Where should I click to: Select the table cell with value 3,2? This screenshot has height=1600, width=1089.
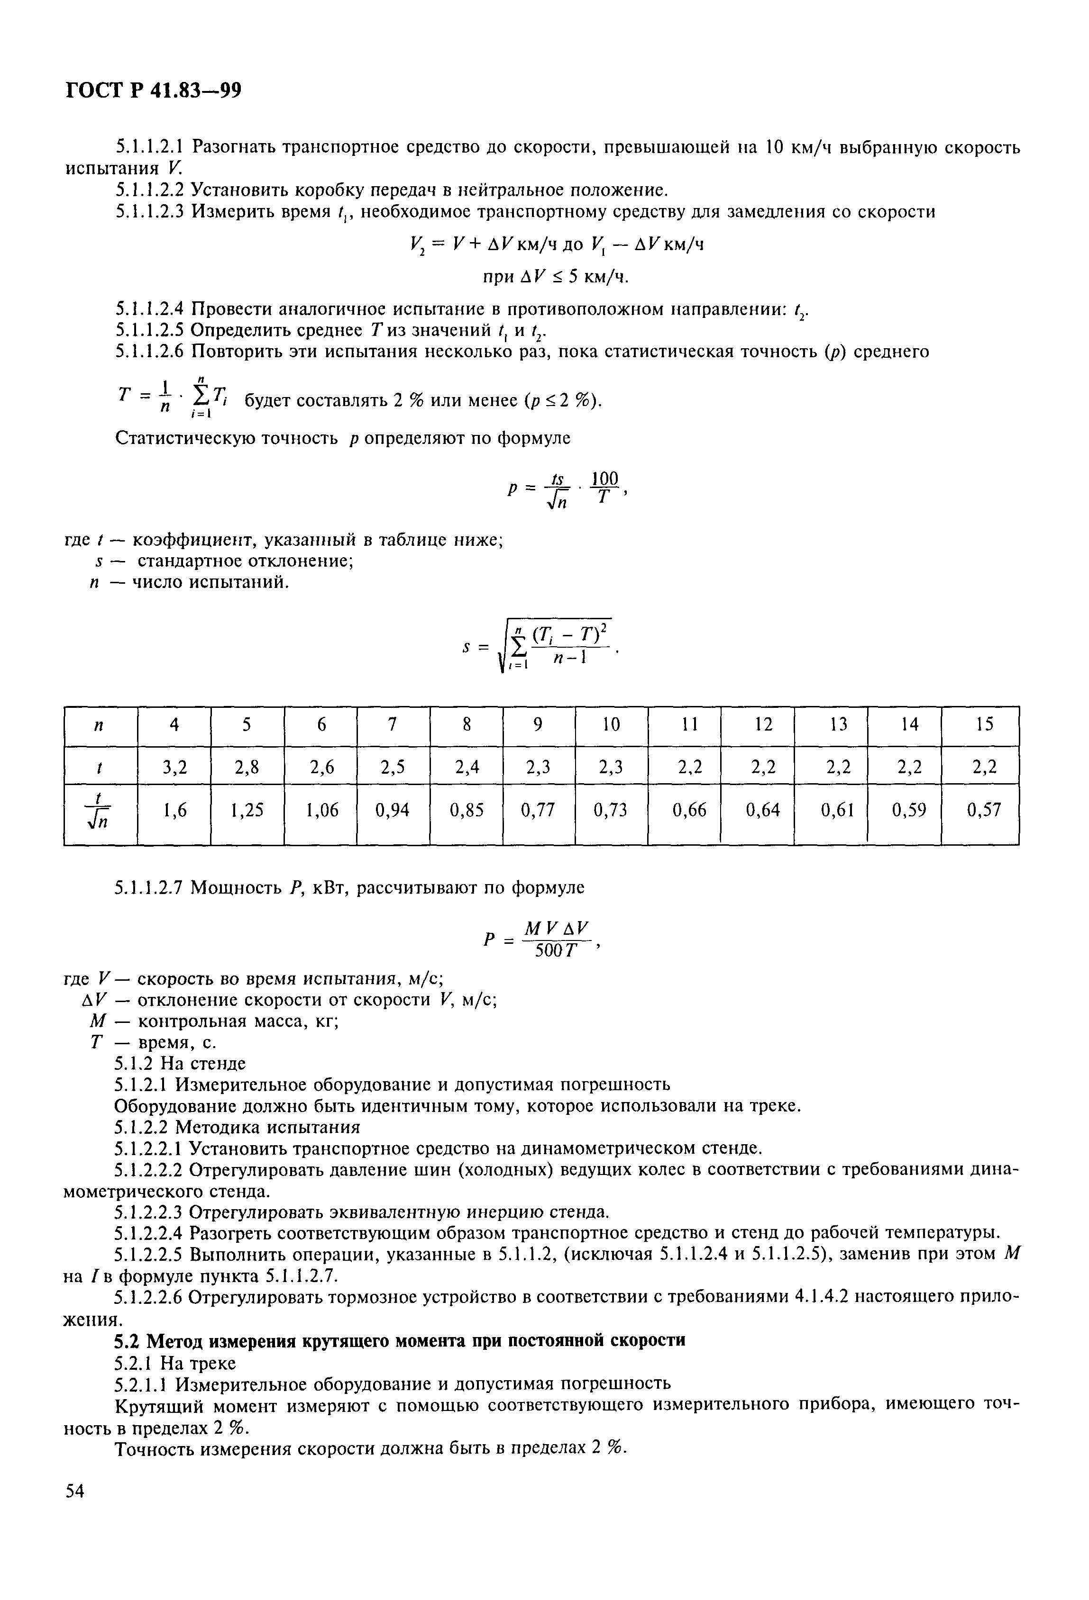(174, 766)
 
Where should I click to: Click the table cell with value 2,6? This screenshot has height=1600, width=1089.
(320, 766)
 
